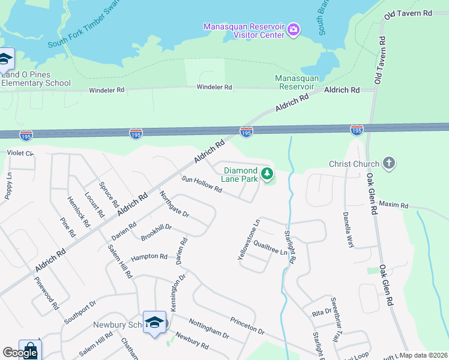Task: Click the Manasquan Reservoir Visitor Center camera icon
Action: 294,29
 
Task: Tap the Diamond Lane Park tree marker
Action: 267,175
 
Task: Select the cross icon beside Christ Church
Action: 389,163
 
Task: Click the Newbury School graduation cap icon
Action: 154,322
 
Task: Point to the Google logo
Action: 20,353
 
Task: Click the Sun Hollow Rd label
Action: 202,185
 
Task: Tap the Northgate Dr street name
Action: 174,204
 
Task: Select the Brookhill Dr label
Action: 156,232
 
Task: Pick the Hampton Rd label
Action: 149,257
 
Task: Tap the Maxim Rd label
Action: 393,205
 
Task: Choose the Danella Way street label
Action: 348,229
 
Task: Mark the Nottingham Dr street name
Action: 210,329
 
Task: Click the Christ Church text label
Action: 354,164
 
